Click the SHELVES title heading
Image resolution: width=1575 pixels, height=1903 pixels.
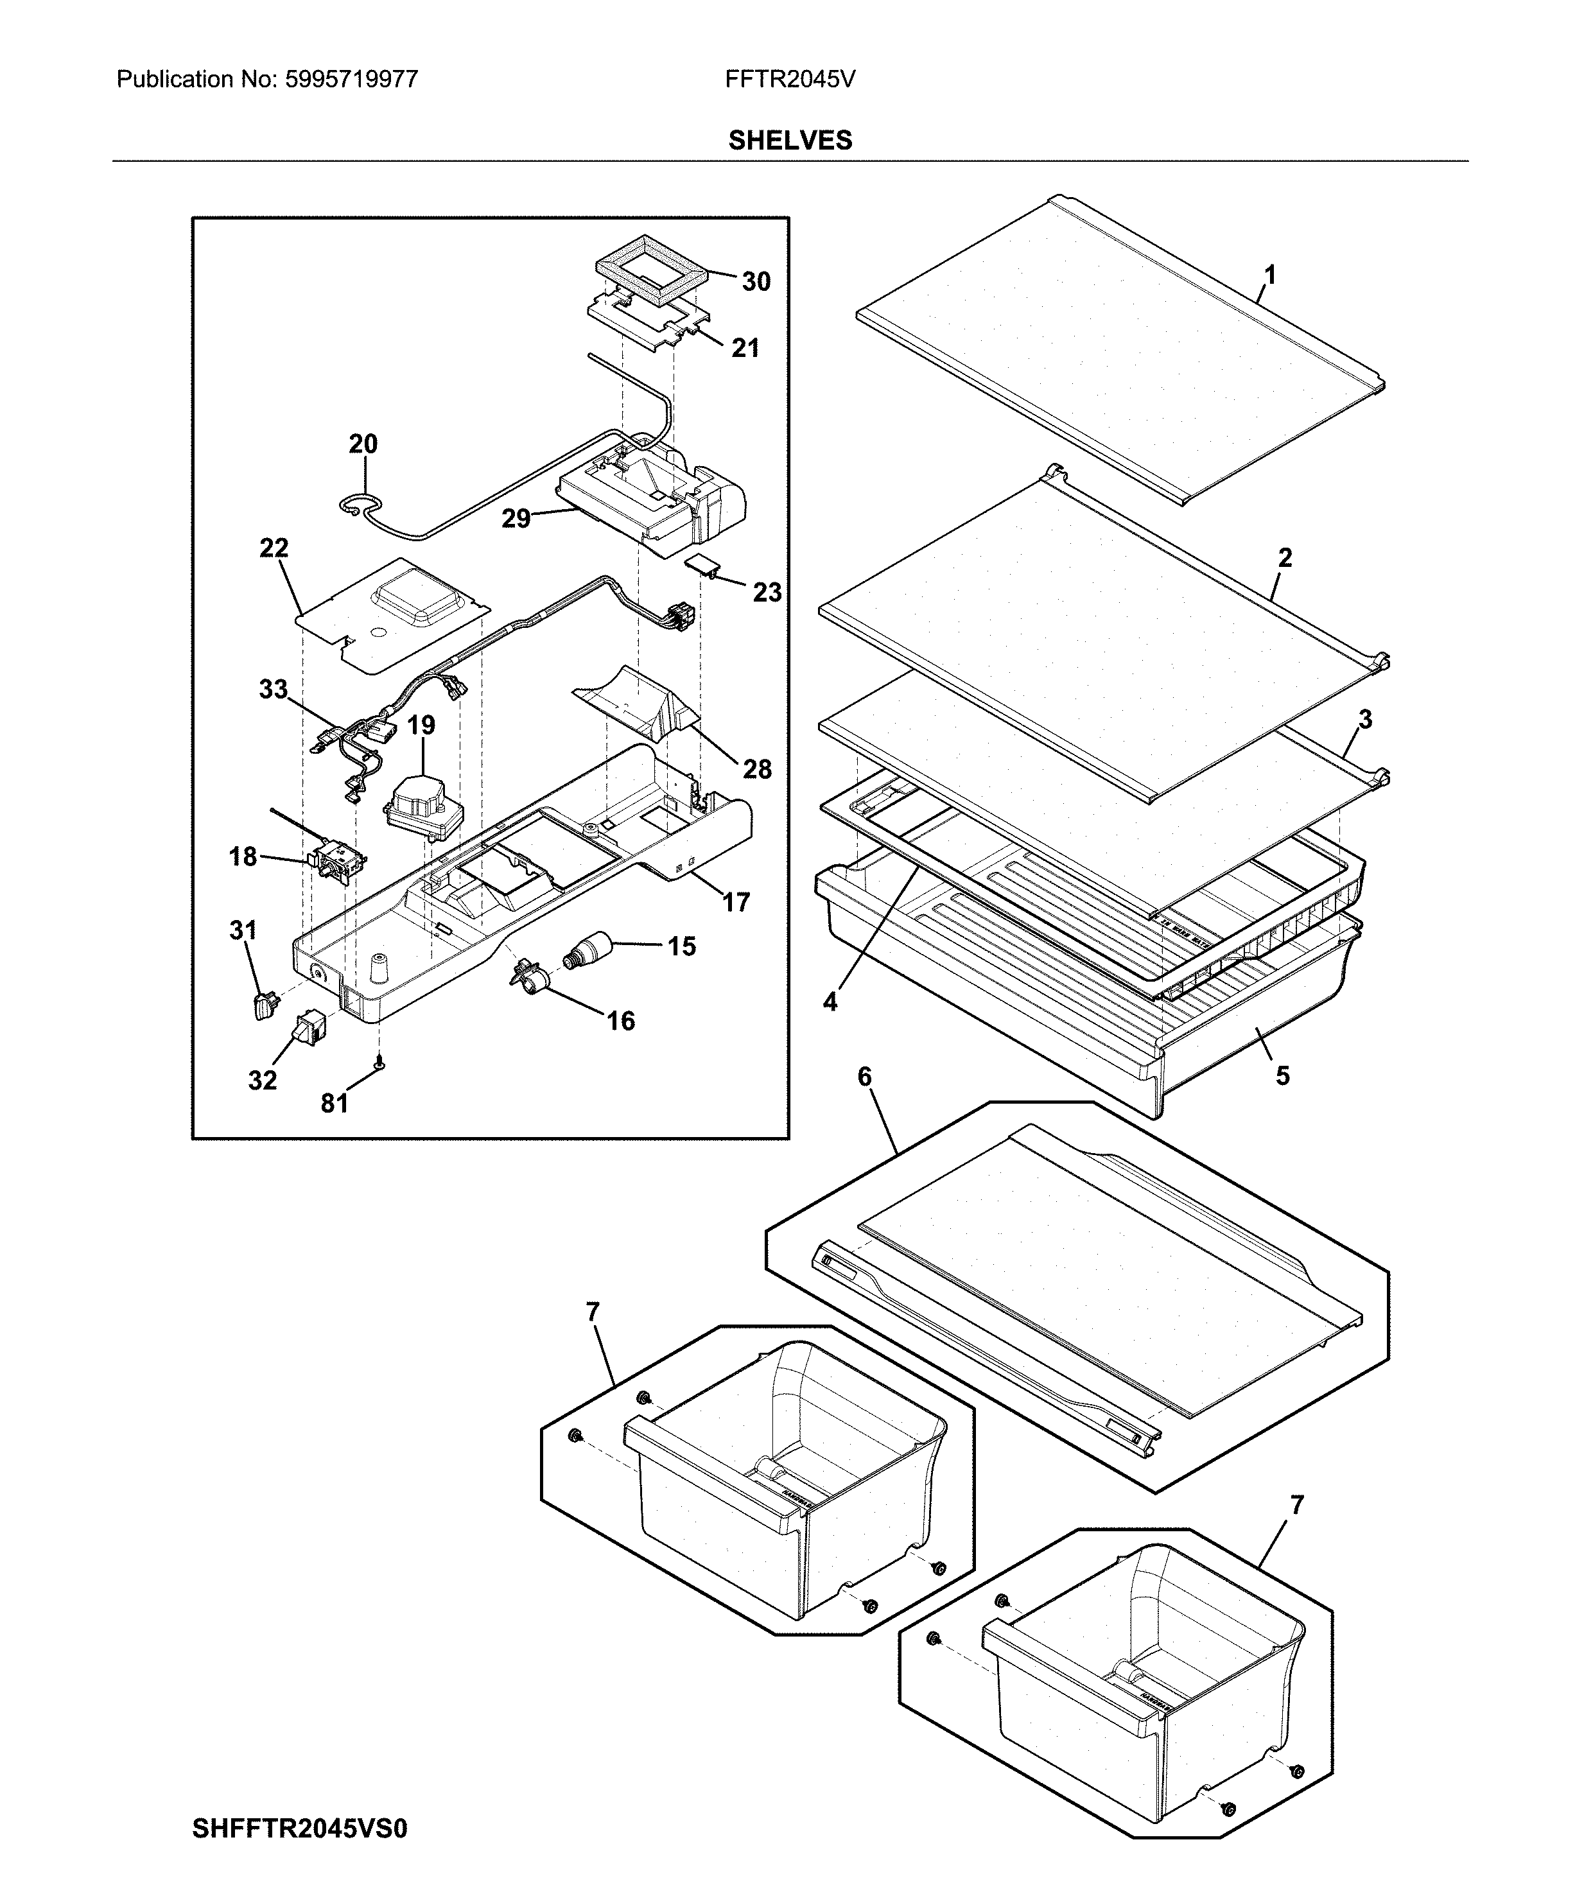click(789, 141)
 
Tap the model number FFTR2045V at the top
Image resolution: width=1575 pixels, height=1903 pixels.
click(789, 80)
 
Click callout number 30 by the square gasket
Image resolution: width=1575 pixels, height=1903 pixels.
click(756, 282)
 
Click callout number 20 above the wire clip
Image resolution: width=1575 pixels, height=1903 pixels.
click(363, 444)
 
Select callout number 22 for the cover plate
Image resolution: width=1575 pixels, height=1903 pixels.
click(274, 548)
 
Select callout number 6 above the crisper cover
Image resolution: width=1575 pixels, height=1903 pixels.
click(864, 1077)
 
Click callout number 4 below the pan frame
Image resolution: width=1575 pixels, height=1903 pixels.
click(830, 1002)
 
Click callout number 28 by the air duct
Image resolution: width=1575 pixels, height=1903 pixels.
click(757, 769)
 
